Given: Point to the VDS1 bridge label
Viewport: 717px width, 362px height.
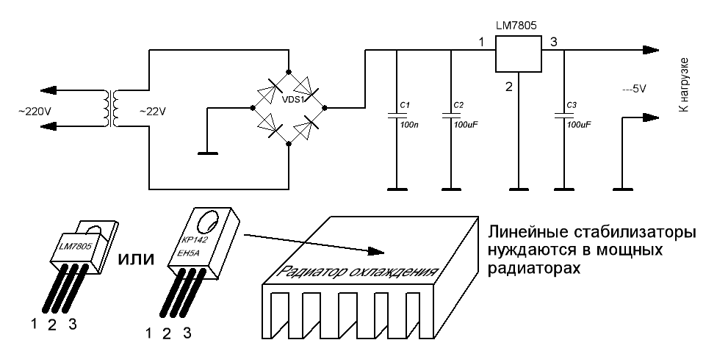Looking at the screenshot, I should point(289,98).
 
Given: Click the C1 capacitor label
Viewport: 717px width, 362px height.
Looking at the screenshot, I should point(403,106).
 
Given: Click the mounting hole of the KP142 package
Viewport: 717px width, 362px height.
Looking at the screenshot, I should point(208,222).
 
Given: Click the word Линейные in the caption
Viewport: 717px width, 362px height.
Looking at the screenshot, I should point(522,234).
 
